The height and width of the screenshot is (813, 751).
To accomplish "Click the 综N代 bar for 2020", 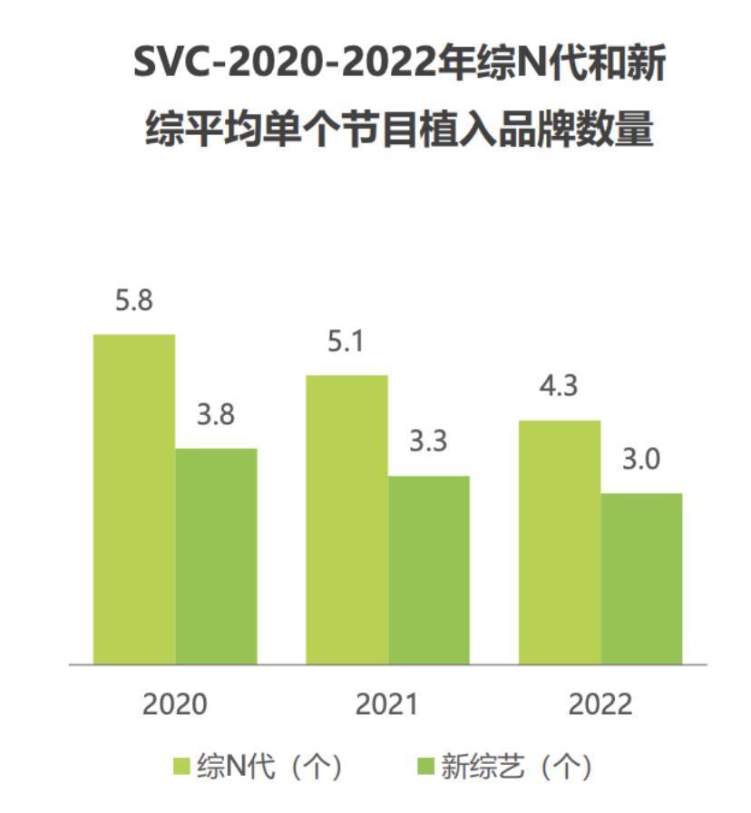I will click(x=134, y=498).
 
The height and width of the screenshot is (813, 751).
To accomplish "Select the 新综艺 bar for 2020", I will click(x=216, y=556).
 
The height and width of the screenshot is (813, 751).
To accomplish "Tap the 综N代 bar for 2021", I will click(x=346, y=519).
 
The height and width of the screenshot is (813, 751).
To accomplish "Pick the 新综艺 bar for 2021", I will click(x=429, y=569).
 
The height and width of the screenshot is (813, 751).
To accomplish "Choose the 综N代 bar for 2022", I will click(x=560, y=542).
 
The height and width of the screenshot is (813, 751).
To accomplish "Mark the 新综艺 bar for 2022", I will click(x=641, y=578).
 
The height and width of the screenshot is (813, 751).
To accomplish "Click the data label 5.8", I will click(x=134, y=301).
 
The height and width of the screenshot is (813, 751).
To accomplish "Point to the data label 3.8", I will click(x=216, y=415).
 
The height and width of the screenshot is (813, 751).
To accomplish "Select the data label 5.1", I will click(x=346, y=343).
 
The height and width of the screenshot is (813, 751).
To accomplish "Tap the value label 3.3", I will click(x=429, y=442).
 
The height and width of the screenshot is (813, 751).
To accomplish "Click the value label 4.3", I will click(x=560, y=387).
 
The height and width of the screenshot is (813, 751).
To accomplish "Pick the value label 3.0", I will click(x=641, y=460).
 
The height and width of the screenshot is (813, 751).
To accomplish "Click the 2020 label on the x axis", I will click(x=175, y=704).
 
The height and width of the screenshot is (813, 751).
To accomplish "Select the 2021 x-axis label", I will click(x=387, y=704).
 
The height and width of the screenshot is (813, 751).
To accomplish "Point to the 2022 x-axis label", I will click(x=600, y=704).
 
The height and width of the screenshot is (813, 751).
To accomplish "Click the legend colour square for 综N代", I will click(x=181, y=767).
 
